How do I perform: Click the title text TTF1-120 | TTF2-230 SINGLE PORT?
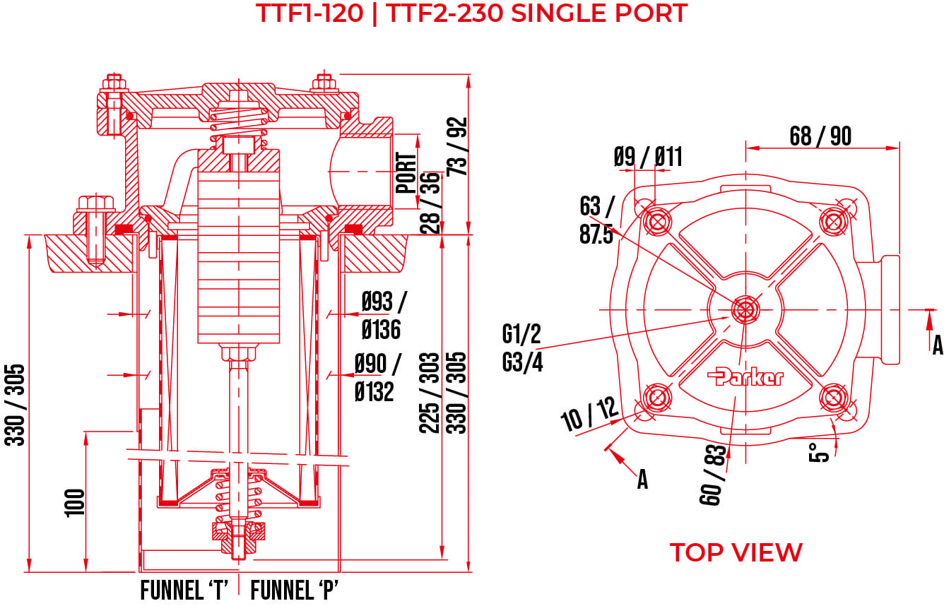tap(471, 13)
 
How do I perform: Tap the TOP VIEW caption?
tap(736, 552)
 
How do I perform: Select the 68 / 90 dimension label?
tap(820, 136)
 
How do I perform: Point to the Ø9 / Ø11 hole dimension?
tap(648, 156)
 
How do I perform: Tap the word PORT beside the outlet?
tap(406, 173)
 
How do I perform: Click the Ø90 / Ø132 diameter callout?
tap(377, 378)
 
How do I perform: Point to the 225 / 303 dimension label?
tap(430, 392)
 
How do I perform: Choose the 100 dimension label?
tap(76, 502)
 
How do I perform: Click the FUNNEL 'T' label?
tap(183, 590)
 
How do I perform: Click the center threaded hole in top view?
tap(745, 309)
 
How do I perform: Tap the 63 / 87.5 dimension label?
tap(596, 220)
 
